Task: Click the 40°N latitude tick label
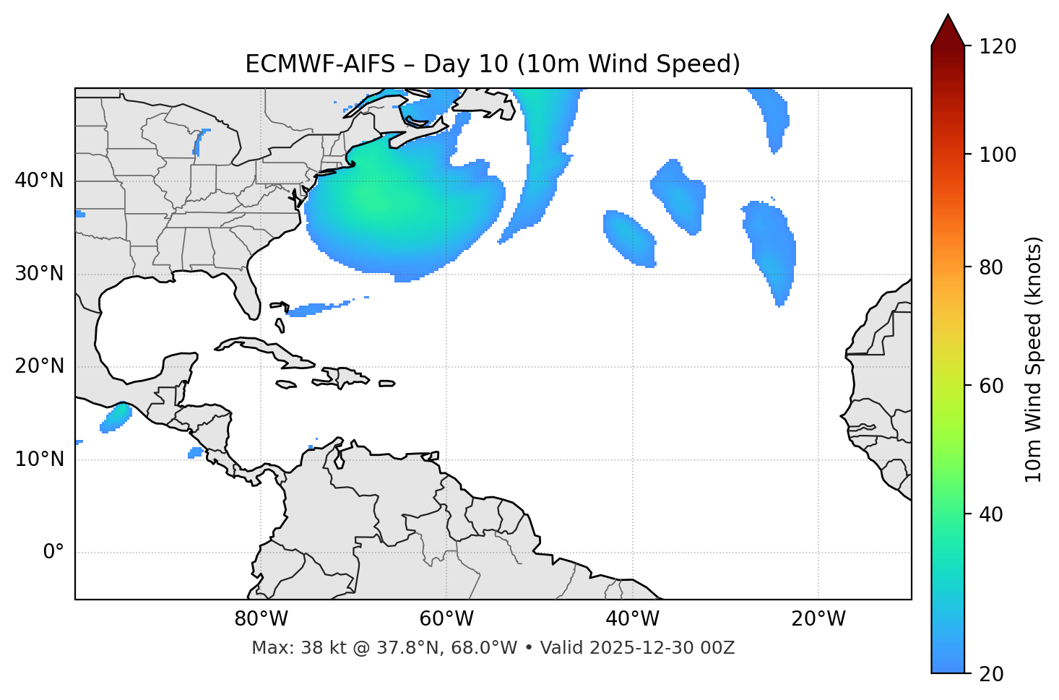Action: [39, 181]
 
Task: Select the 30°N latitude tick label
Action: [39, 274]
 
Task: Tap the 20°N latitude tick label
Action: [39, 366]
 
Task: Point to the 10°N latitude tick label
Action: [39, 459]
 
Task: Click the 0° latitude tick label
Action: [53, 553]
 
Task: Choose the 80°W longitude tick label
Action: [261, 619]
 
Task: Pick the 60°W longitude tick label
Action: [446, 619]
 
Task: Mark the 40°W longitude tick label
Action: [632, 619]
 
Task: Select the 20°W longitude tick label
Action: [818, 619]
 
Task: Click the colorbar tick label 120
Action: [998, 47]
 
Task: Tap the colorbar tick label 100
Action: [998, 155]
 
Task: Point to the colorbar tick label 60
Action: [992, 386]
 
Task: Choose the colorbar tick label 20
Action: [992, 674]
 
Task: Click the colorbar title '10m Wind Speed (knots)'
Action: [1034, 360]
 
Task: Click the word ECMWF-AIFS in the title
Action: [320, 64]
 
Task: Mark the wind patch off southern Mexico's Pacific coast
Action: [116, 418]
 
